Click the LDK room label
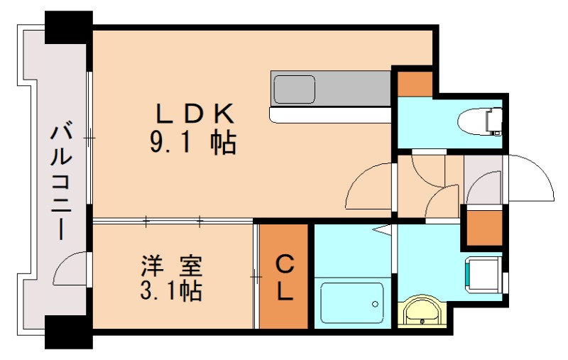194,113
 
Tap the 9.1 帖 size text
192,144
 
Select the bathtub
351,303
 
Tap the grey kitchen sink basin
295,89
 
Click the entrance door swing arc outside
529,178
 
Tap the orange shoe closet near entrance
484,226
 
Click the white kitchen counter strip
330,114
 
